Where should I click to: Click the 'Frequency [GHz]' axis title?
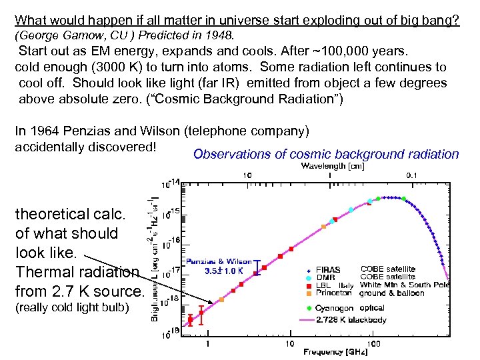331,351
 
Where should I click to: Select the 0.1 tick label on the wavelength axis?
413,175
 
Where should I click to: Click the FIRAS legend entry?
327,269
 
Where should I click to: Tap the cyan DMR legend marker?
309,277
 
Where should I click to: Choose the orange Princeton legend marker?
309,293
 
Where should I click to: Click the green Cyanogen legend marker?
309,308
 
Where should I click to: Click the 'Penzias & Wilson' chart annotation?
219,262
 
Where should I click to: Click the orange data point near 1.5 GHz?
221,299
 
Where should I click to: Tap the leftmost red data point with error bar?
190,320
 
